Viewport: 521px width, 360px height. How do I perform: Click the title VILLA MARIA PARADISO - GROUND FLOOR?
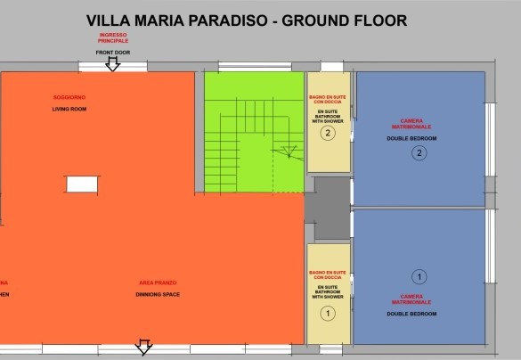[x=247, y=20]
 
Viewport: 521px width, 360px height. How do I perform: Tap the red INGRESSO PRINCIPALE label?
[x=113, y=38]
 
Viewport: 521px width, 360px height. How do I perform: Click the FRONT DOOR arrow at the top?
[x=113, y=64]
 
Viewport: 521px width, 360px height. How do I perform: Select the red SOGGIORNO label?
[x=69, y=96]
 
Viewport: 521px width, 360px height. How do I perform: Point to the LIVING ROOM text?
[x=69, y=109]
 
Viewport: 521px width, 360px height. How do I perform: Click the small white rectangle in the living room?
[x=81, y=184]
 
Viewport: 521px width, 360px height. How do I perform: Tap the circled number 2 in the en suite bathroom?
[x=328, y=135]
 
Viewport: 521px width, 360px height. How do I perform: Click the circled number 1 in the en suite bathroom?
[x=328, y=313]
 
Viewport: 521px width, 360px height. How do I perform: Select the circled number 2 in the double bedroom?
[x=419, y=153]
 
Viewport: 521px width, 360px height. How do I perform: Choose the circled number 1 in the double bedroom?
[x=419, y=277]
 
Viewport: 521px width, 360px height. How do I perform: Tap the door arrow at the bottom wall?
[x=142, y=346]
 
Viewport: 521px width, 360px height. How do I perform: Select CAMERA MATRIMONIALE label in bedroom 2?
[x=412, y=123]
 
